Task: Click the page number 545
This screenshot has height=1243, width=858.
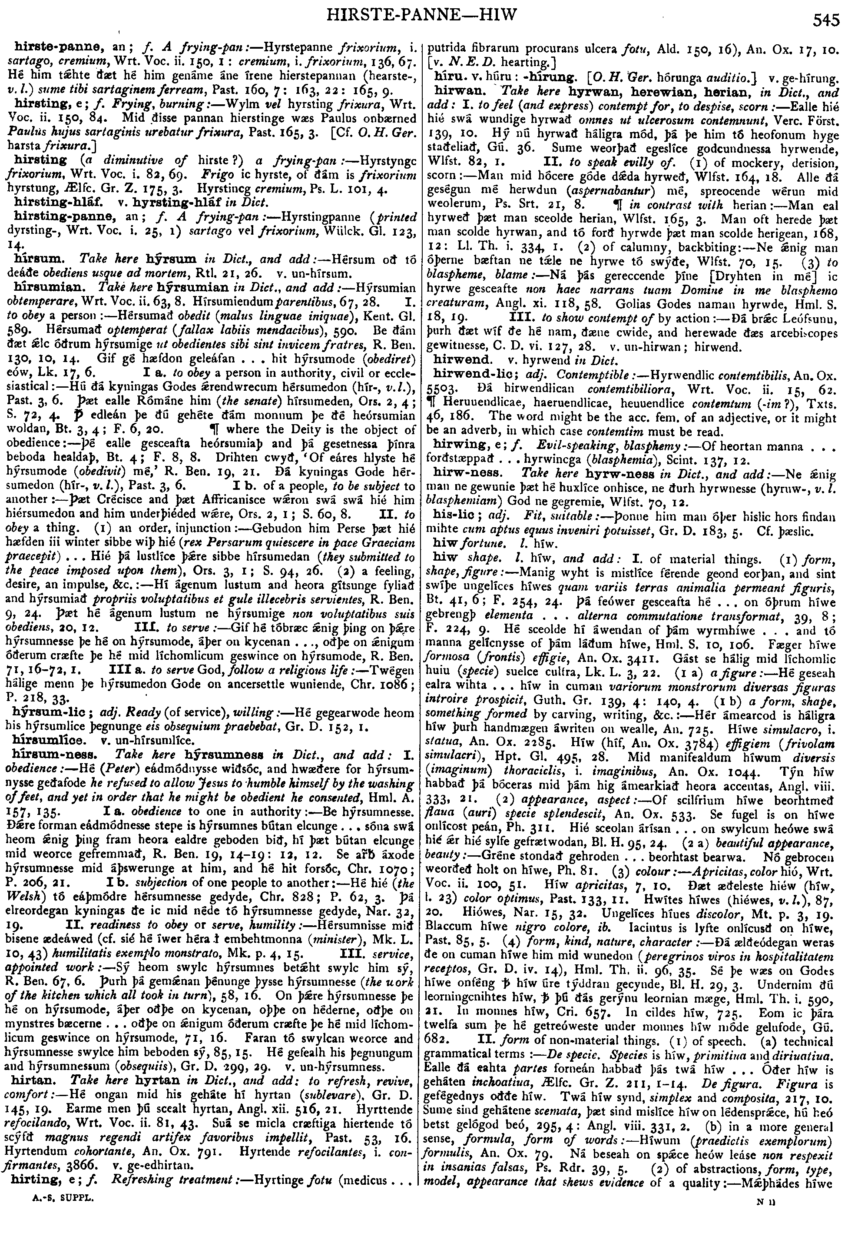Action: [826, 20]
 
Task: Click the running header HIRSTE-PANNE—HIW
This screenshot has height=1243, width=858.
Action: [422, 14]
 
